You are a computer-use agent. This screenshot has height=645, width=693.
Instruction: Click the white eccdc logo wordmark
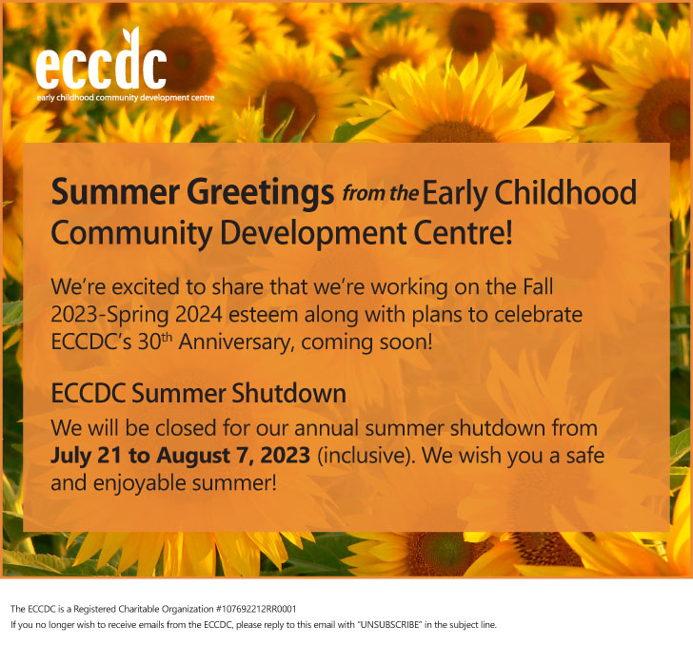(101, 60)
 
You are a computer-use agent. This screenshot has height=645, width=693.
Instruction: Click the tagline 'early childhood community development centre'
(126, 98)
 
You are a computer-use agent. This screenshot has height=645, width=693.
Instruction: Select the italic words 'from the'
(381, 193)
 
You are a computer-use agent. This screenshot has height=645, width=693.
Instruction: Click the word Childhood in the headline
(565, 192)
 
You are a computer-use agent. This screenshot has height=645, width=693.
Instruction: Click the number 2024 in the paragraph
(198, 315)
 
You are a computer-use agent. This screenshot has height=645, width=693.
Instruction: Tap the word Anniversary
(236, 342)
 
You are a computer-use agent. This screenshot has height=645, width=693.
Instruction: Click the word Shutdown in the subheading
(288, 393)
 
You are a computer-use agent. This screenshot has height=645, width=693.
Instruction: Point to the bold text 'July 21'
(86, 456)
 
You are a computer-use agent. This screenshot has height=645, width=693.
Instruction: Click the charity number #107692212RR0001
(256, 609)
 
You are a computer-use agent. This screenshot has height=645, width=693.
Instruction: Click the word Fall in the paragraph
(538, 287)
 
